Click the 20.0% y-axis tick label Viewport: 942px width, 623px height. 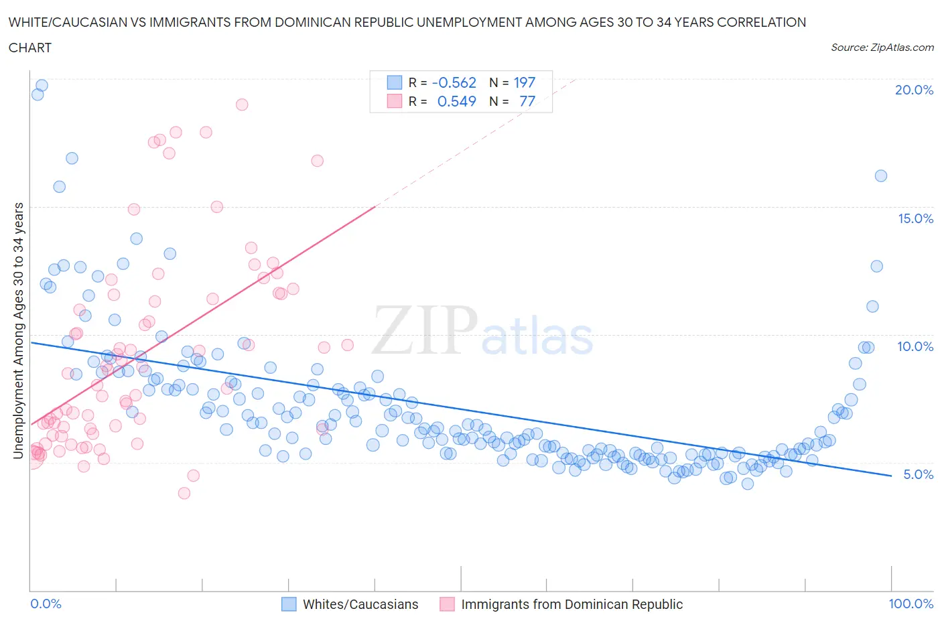pos(914,90)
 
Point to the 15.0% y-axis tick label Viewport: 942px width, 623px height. pos(915,218)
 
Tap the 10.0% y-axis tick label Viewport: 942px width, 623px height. pos(915,346)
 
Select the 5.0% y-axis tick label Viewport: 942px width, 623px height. pos(918,474)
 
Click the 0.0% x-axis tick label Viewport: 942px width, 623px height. pos(46,604)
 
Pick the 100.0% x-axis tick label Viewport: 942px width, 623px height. pos(911,604)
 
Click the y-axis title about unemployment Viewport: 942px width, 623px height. pos(18,331)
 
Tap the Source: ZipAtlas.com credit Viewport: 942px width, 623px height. pos(882,48)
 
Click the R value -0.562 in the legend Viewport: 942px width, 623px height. pos(454,82)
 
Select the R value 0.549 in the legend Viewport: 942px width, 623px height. pos(456,101)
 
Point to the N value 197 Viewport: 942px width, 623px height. pos(524,82)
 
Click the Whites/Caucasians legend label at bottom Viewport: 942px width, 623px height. pos(360,604)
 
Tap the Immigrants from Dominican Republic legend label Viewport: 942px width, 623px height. pos(571,604)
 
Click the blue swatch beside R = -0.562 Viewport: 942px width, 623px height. pos(394,82)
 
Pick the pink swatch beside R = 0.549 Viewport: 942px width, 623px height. pos(394,101)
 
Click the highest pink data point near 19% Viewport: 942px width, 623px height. pos(242,105)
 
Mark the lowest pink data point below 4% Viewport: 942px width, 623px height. pos(184,493)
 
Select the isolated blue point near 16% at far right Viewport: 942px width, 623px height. pos(881,176)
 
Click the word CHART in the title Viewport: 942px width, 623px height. pos(30,48)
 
